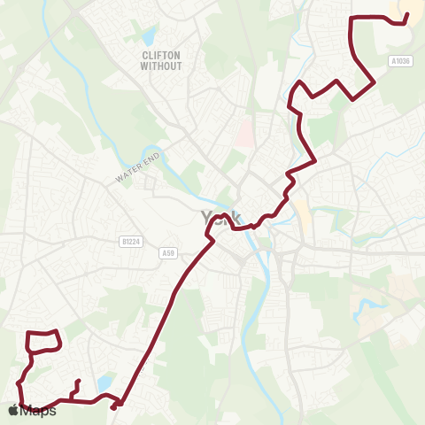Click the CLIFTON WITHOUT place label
(161, 60)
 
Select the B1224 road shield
(130, 241)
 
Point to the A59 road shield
(168, 254)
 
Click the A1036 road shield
(401, 61)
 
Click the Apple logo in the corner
(13, 410)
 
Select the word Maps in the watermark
(38, 411)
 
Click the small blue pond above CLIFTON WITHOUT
(148, 36)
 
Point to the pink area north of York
(241, 133)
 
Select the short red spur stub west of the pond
(75, 388)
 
